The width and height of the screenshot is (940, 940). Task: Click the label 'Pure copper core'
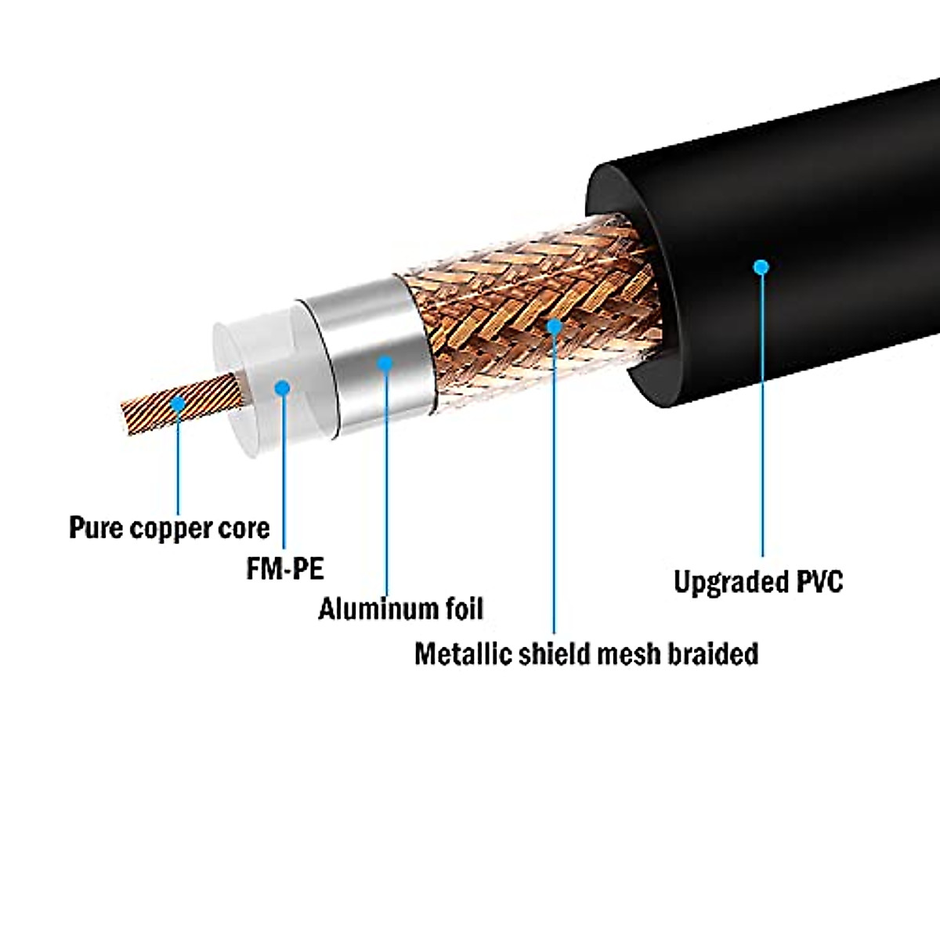169,527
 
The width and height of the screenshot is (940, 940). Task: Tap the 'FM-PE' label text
285,568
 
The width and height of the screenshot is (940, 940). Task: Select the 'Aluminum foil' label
400,609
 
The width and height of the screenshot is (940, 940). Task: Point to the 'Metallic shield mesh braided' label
586,653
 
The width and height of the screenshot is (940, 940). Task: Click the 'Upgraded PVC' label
758,582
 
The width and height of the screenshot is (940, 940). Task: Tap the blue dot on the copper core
178,403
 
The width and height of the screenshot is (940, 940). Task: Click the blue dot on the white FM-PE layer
283,387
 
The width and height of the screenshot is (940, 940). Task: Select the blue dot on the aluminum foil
385,363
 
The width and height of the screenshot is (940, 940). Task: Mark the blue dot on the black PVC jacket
761,267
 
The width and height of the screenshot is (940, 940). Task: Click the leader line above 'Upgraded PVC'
762,423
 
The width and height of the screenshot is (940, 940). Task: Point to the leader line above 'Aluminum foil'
386,486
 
